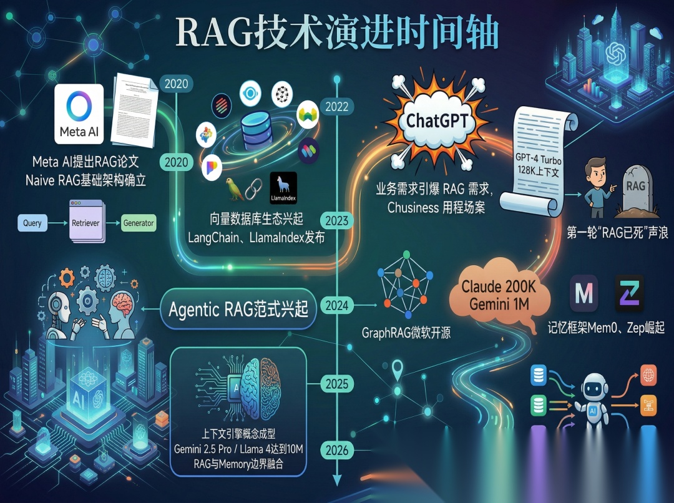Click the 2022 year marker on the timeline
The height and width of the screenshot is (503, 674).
[x=336, y=106]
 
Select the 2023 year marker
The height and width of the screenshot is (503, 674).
[x=336, y=221]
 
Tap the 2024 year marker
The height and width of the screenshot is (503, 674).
[x=336, y=306]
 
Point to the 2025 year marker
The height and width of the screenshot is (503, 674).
[x=336, y=384]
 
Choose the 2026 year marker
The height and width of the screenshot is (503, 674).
[x=336, y=450]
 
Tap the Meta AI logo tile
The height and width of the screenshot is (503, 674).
[x=79, y=114]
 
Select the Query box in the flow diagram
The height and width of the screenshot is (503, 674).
[x=32, y=223]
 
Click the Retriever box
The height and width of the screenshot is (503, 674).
[x=85, y=222]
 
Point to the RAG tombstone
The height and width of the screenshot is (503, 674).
[x=635, y=188]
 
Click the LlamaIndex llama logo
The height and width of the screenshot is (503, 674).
[x=283, y=188]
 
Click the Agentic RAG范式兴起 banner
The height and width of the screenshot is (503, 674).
[x=238, y=309]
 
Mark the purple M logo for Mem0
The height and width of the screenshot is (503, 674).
[x=584, y=293]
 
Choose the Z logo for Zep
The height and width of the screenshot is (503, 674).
[x=629, y=293]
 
